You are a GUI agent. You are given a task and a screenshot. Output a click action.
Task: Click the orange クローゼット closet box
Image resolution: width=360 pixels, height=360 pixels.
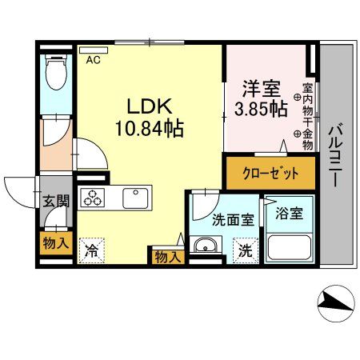pos(273,173)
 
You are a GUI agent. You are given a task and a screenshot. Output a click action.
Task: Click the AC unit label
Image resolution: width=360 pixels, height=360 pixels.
pos(94,59)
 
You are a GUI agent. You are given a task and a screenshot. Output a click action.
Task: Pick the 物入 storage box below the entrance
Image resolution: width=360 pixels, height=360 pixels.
pos(54,242)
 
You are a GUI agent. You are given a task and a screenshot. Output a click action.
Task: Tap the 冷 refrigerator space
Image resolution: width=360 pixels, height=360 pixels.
pos(93,250)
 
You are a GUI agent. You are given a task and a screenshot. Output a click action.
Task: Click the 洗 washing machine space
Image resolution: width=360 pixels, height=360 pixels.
pos(246,250)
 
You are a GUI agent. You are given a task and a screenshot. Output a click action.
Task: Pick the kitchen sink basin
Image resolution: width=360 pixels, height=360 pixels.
pos(136,197)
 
